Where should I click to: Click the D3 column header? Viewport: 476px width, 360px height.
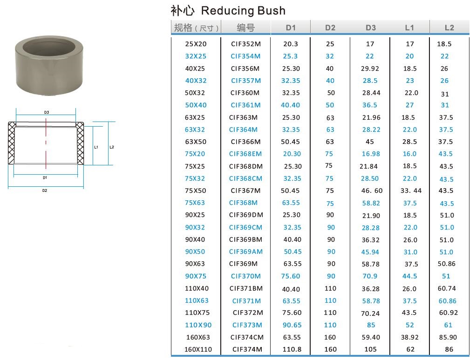tap(370, 27)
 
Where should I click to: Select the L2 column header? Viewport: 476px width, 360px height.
tap(449, 27)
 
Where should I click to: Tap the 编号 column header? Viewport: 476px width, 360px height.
tap(245, 27)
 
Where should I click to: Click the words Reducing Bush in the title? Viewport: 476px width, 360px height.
tap(243, 11)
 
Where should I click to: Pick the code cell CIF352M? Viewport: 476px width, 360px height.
tap(246, 44)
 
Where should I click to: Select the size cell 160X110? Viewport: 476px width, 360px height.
tap(198, 349)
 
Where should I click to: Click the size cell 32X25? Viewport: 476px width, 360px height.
tap(196, 56)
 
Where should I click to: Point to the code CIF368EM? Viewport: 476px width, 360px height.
tap(245, 154)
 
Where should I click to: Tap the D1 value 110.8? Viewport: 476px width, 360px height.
tap(292, 349)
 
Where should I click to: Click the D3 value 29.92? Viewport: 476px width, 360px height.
tap(370, 68)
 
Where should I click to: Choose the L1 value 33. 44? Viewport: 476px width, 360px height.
tap(411, 190)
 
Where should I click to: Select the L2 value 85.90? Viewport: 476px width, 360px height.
tap(448, 337)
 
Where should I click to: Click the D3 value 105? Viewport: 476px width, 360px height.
tap(370, 349)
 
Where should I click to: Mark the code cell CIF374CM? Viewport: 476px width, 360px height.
tap(247, 337)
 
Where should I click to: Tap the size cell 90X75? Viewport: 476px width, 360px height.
tap(196, 276)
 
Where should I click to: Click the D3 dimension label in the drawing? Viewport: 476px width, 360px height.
tap(47, 112)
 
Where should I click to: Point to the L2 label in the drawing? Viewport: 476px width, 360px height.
tap(112, 147)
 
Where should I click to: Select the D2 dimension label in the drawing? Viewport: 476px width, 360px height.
tap(45, 190)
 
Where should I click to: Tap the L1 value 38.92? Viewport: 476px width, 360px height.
tap(410, 337)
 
